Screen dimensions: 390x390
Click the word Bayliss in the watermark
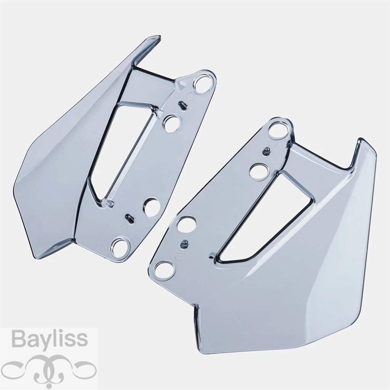pyautogui.click(x=50, y=339)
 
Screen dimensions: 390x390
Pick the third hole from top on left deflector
pyautogui.click(x=152, y=207)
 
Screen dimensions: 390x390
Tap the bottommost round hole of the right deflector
pyautogui.click(x=163, y=270)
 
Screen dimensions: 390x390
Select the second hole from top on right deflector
pyautogui.click(x=259, y=171)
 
